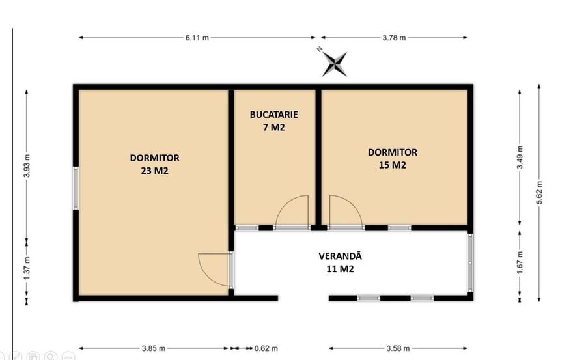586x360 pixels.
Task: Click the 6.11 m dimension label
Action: click(197, 38)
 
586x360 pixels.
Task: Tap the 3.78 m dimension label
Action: click(394, 38)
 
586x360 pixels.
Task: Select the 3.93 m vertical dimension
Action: click(27, 165)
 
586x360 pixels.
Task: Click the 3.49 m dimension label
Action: click(520, 158)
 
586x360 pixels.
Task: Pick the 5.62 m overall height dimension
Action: click(539, 193)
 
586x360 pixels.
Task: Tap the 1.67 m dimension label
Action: click(520, 262)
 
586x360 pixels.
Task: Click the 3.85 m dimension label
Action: click(153, 348)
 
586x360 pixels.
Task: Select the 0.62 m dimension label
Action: click(266, 348)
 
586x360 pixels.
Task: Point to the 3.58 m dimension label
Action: click(398, 348)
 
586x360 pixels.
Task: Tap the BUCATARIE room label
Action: click(274, 115)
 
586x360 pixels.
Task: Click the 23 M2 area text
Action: click(155, 171)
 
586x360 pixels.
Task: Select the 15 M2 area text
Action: click(393, 165)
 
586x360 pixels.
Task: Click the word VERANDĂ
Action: click(340, 256)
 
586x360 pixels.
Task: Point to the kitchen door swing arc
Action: click(286, 204)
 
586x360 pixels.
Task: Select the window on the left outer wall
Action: click(76, 188)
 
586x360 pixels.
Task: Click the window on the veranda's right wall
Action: click(470, 262)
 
